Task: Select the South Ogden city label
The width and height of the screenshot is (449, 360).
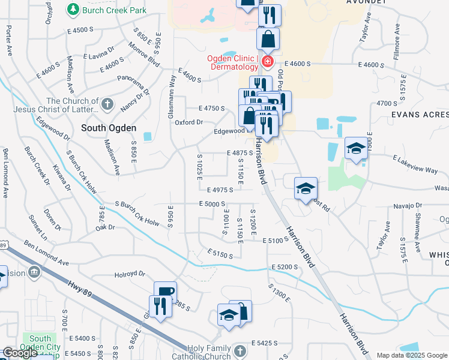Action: coord(109,128)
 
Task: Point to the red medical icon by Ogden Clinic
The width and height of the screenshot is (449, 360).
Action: coord(267,62)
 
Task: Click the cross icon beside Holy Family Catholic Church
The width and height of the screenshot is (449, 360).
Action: coord(240,351)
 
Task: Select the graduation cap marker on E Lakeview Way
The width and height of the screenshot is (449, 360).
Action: coord(356,148)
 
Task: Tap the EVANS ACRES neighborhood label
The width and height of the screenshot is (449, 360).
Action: coord(419,113)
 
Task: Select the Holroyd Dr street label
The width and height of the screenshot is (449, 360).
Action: coord(130,274)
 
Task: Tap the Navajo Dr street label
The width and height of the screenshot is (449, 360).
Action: coord(409,206)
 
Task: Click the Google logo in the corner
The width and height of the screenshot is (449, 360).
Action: coord(20,353)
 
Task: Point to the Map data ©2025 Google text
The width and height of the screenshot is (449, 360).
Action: coord(412,355)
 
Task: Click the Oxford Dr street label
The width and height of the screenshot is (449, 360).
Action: coord(189,122)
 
